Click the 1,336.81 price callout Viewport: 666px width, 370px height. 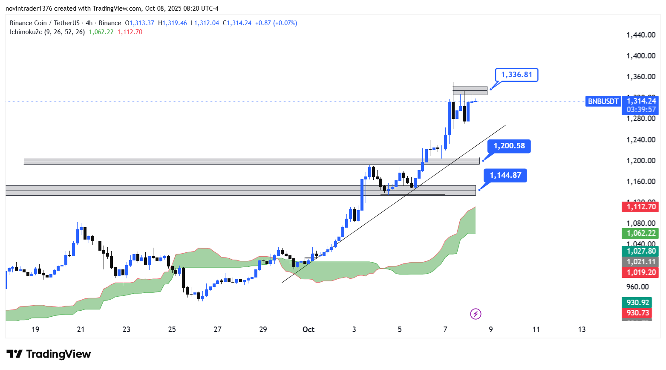(x=516, y=75)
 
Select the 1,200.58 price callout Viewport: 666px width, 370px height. (x=509, y=146)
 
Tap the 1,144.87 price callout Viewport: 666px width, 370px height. (x=505, y=176)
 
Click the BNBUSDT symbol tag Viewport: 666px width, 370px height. (x=603, y=101)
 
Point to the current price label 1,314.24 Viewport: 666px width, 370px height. (x=641, y=101)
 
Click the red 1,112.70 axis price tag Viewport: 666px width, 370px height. (x=640, y=207)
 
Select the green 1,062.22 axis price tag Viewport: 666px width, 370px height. (x=640, y=233)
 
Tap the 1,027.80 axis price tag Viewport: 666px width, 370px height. (x=640, y=251)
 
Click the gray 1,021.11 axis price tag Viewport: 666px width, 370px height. (x=640, y=262)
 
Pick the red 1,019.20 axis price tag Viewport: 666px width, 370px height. (x=640, y=272)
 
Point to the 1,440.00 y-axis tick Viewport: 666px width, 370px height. (x=640, y=35)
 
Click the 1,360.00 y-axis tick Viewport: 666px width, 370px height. (x=640, y=77)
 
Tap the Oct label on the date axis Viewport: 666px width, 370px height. (x=308, y=330)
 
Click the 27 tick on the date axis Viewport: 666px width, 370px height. (x=217, y=330)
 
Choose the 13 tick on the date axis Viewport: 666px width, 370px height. (x=582, y=330)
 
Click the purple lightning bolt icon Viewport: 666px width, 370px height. (x=476, y=314)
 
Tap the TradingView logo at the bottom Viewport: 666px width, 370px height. (x=49, y=354)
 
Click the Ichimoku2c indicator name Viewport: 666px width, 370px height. (x=26, y=32)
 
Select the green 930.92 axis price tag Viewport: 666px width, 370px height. (x=637, y=303)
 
